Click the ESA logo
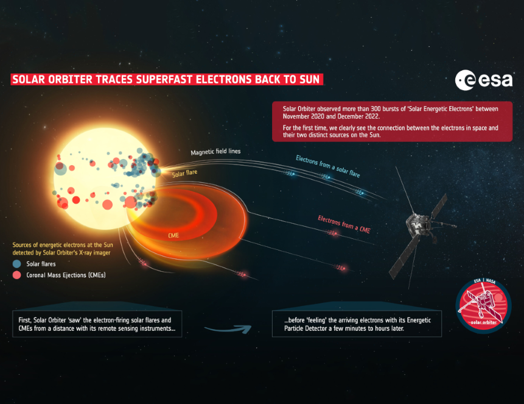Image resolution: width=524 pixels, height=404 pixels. click(x=484, y=80)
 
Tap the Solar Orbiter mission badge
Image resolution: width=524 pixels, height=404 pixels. click(x=483, y=306)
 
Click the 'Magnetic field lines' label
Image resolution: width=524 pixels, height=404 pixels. click(x=215, y=152)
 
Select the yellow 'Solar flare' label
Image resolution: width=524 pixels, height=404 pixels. click(x=184, y=173)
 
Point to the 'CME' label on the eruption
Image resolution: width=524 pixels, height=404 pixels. click(x=173, y=235)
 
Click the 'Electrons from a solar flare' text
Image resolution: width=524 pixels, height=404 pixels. click(x=328, y=166)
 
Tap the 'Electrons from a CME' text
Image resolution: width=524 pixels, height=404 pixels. click(x=344, y=224)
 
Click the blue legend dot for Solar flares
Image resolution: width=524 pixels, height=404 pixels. click(x=16, y=264)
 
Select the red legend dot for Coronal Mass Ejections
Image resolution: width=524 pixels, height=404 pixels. click(x=16, y=275)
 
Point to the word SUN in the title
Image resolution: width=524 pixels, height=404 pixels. click(x=310, y=80)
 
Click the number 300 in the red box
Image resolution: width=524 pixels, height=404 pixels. click(x=376, y=109)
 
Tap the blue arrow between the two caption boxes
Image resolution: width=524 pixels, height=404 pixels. click(x=229, y=330)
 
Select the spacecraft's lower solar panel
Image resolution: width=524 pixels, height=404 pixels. click(x=405, y=257)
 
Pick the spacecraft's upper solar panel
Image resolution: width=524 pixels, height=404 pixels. click(x=439, y=206)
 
